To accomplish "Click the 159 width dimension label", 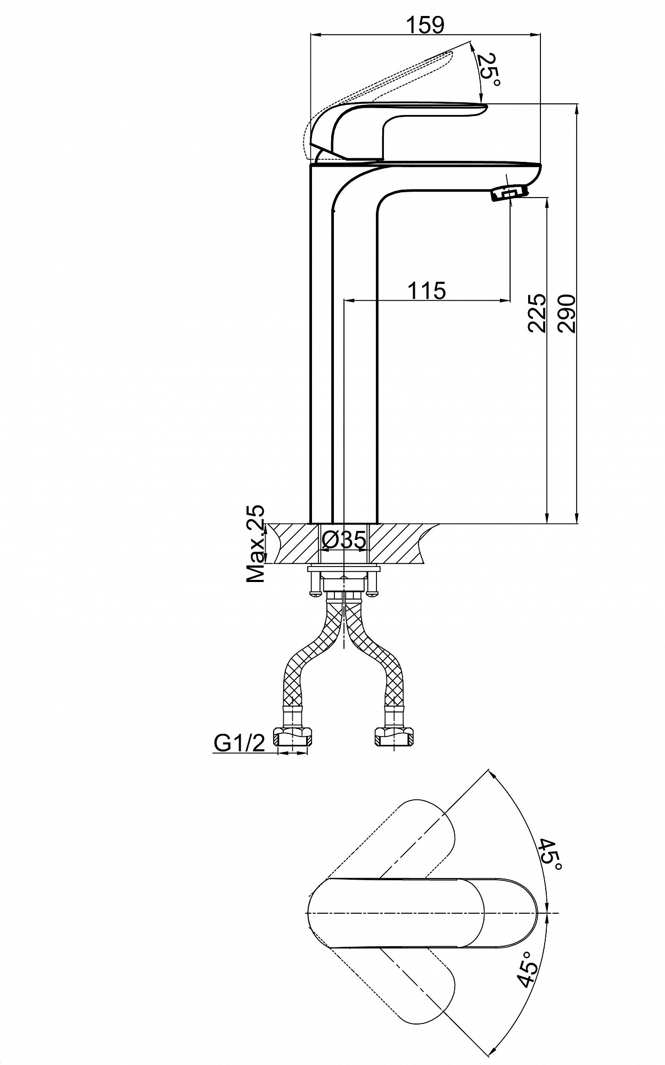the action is click(424, 24).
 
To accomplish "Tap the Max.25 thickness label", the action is click(256, 543).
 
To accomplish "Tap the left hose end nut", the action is click(293, 737).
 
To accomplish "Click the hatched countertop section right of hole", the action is click(405, 544).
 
